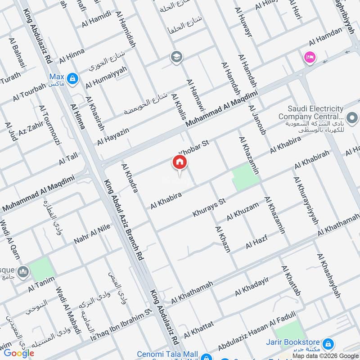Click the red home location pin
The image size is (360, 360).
coord(179,163)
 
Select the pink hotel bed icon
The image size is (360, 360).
coord(310,57)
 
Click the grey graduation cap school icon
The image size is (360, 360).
coord(176,57)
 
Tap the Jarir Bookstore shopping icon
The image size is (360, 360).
coord(328,344)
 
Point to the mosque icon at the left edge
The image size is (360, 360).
coord(23,272)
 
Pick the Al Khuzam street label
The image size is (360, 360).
coord(243,211)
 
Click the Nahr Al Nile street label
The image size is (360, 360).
coord(92,234)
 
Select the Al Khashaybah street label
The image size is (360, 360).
coord(328,275)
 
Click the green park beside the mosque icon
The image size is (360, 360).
coord(42,268)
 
